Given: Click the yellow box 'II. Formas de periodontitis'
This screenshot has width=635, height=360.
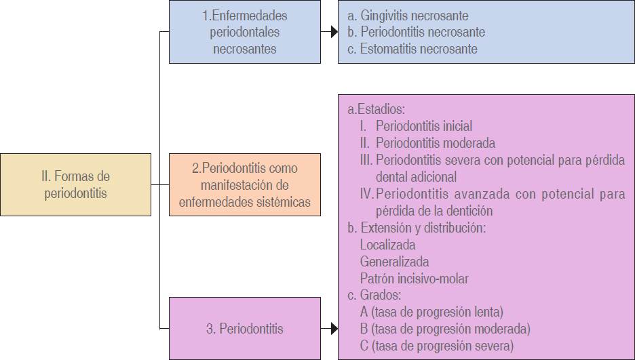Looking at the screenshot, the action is (75, 184).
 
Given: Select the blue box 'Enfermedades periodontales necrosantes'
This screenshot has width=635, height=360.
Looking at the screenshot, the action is (244, 32).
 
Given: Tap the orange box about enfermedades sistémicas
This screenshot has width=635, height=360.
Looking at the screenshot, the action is (244, 184).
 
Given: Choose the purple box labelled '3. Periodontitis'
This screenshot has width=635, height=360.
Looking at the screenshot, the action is (244, 329).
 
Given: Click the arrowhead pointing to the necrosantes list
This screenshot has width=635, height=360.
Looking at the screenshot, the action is (333, 31).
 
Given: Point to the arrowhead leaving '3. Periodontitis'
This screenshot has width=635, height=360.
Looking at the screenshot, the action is (333, 329).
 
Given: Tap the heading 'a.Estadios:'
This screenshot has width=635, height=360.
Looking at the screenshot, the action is (376, 108).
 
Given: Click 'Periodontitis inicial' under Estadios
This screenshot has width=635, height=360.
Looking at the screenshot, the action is (424, 126).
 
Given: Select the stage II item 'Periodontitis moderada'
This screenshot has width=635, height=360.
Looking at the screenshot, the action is (435, 143).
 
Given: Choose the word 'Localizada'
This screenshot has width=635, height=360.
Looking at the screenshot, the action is (387, 245).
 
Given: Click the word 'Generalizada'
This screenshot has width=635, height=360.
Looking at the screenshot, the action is (394, 262).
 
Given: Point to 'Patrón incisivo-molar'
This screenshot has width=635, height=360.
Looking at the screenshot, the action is (414, 279).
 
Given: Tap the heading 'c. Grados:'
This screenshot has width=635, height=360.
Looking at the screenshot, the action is (374, 296).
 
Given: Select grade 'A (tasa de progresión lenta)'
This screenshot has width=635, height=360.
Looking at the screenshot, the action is (431, 313).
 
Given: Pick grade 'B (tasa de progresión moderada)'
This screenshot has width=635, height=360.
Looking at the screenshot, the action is (445, 329).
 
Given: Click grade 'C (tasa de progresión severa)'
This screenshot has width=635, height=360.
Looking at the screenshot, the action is (437, 346).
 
